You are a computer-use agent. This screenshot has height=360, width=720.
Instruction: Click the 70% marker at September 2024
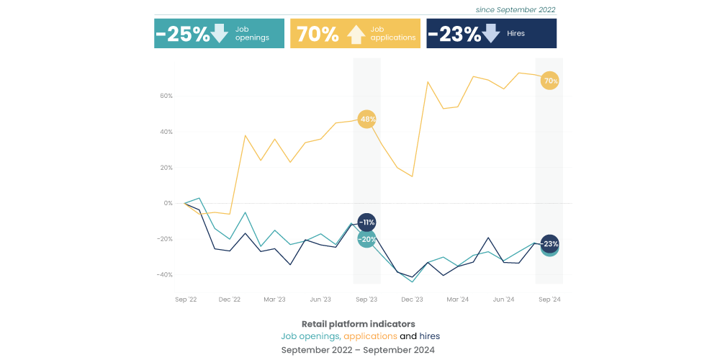(550, 81)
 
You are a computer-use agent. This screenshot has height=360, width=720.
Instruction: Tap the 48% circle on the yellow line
(366, 119)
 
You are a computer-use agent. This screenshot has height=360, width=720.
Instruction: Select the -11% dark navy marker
(366, 222)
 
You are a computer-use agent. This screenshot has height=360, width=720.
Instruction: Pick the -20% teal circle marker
(366, 239)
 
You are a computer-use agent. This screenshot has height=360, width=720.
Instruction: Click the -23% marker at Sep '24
(550, 243)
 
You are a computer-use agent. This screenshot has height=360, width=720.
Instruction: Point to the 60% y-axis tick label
(166, 96)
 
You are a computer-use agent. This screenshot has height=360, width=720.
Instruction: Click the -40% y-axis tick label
(165, 275)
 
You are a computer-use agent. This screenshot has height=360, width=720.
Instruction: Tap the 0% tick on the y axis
(168, 203)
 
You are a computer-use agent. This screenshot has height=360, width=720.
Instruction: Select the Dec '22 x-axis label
(229, 299)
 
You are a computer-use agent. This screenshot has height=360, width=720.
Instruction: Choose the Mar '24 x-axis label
(458, 299)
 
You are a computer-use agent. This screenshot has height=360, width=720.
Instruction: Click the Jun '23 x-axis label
(320, 299)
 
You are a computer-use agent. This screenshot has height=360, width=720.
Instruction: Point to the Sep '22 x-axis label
(186, 299)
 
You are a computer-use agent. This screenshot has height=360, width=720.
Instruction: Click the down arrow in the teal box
(220, 33)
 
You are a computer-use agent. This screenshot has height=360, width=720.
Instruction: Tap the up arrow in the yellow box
(356, 34)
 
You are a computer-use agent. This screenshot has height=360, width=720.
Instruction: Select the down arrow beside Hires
(491, 33)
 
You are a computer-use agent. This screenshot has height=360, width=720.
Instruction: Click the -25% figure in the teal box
(183, 34)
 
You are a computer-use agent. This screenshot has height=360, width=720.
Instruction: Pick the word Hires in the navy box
(516, 34)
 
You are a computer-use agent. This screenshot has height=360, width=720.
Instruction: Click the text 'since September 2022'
(516, 10)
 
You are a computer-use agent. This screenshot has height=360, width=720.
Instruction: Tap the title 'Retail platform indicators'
(359, 324)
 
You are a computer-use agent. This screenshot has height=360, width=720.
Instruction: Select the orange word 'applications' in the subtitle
(370, 336)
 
